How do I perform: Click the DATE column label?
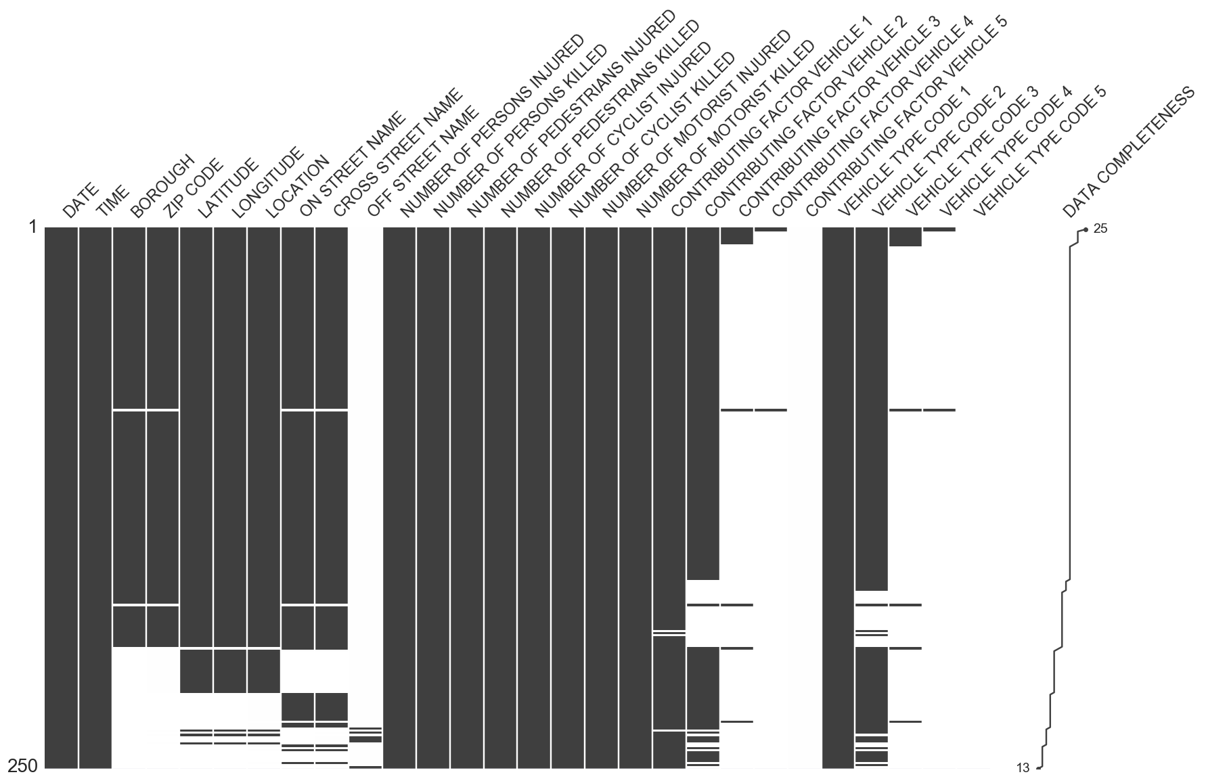(x=81, y=200)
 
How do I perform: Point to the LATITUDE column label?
(x=227, y=189)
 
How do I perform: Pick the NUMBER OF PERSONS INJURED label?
(x=491, y=125)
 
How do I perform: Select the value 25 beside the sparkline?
(x=1100, y=229)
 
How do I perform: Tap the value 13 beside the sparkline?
(x=1023, y=767)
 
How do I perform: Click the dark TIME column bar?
(x=95, y=497)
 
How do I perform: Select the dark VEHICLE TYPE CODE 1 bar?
(x=838, y=497)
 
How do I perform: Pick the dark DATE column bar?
(x=62, y=497)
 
